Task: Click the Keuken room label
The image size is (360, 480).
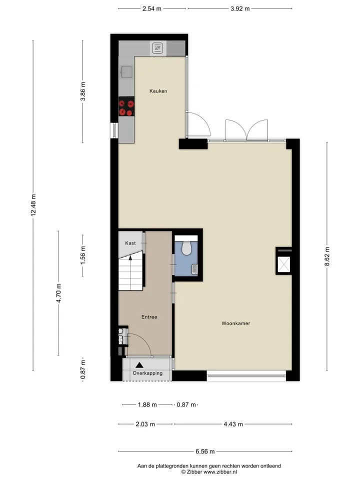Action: coord(158,91)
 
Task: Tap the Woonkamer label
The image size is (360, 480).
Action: coord(235,323)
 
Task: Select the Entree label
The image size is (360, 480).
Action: coord(149,317)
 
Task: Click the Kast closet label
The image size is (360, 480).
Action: coord(130,243)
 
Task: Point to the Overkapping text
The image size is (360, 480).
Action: coord(147,373)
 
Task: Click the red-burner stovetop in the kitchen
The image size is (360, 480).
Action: coord(126,106)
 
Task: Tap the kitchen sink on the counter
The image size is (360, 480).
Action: coord(126,72)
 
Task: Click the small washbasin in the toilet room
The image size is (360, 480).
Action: coord(194,269)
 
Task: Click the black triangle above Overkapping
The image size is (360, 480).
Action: coord(139,365)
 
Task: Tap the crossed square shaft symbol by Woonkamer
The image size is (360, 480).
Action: coord(283,264)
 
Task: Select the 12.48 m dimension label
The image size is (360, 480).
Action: coord(33,205)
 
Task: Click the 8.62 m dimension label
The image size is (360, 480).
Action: coord(327,257)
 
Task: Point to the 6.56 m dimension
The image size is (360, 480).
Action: coord(205,451)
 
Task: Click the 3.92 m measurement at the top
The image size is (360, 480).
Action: coord(240,8)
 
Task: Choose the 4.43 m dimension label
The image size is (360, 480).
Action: coord(233,424)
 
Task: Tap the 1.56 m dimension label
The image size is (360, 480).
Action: coord(82,255)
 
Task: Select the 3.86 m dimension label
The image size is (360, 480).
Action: coord(82,91)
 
